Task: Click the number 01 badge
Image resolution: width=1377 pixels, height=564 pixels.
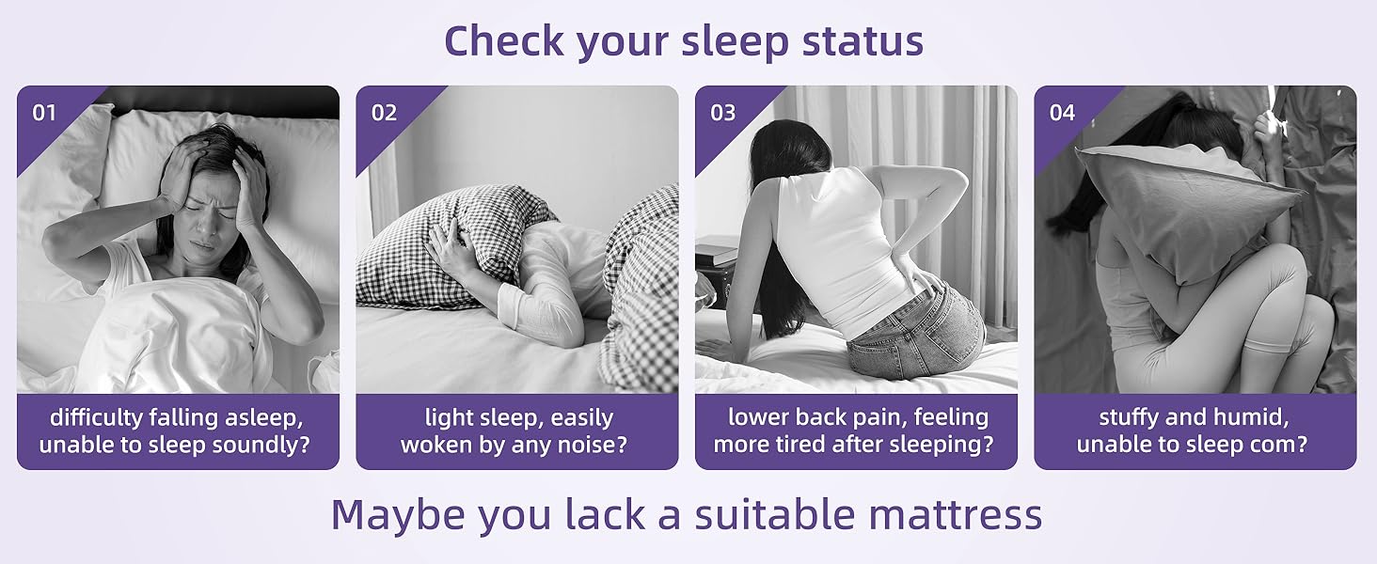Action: [x=44, y=113]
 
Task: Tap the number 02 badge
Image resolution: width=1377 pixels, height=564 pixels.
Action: [x=384, y=113]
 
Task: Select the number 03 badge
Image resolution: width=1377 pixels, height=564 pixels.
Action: [x=722, y=113]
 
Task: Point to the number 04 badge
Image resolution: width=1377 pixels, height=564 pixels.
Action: [x=1062, y=113]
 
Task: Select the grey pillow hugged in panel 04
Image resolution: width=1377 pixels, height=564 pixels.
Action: [x=1185, y=211]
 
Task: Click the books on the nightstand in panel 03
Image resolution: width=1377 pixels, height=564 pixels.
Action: [x=717, y=252]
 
